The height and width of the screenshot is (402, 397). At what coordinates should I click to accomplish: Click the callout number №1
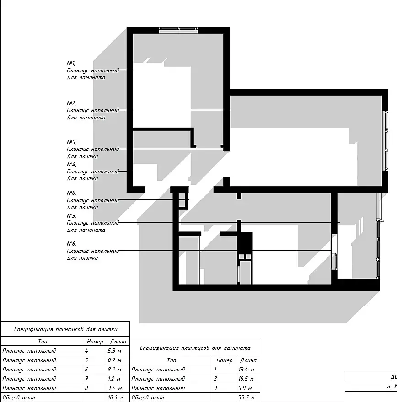click(71, 63)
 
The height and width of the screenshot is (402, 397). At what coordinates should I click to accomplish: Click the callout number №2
click(71, 103)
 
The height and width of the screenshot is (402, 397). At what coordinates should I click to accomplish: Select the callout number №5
click(71, 142)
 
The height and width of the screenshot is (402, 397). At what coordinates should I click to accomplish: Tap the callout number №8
click(71, 193)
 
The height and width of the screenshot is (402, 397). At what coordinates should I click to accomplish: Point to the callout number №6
click(71, 244)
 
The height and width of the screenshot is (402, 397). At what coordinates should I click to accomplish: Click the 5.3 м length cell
click(114, 351)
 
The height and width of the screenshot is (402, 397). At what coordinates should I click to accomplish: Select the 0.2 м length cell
click(114, 360)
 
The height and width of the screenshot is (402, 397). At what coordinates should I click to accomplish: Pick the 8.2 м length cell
click(114, 370)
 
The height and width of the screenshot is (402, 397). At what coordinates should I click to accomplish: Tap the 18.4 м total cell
click(116, 397)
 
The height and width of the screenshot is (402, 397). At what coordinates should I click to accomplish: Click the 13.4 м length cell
click(246, 370)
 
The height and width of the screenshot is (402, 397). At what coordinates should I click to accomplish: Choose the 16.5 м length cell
click(246, 379)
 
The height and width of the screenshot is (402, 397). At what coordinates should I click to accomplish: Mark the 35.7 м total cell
click(246, 397)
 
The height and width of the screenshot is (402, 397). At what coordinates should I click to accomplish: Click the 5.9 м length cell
click(245, 388)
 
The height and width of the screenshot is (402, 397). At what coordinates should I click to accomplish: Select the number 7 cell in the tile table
click(87, 379)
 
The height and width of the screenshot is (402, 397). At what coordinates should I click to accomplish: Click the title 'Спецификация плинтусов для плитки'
click(66, 329)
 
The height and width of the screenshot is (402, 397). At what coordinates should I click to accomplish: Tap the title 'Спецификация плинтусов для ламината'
click(195, 348)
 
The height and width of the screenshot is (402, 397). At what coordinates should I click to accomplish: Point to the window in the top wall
click(178, 30)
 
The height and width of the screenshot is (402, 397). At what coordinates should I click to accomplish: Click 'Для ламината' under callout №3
click(86, 230)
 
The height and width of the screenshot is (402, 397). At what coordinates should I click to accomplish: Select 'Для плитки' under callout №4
click(82, 178)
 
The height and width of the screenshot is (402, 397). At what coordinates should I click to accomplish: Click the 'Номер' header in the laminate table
click(225, 360)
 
